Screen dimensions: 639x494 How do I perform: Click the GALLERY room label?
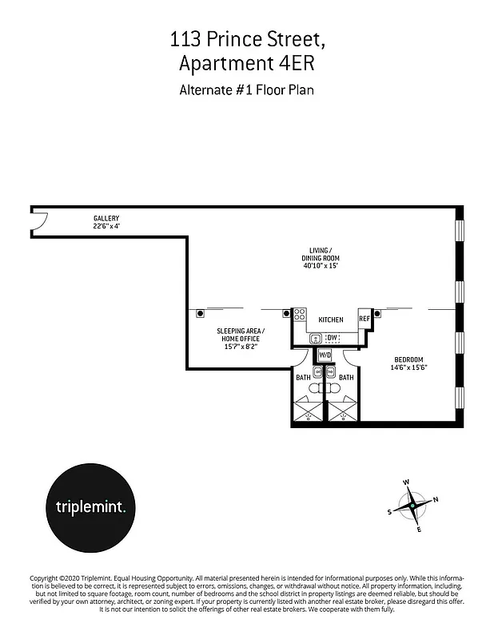(106, 218)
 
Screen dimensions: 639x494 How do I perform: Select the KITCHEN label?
(331, 319)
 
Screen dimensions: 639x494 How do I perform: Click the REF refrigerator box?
(365, 318)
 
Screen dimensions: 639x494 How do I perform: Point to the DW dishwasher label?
(332, 339)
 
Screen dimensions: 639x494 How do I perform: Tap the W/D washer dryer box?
(325, 354)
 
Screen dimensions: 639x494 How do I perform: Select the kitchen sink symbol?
(316, 339)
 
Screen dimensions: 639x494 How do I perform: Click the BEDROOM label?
(408, 359)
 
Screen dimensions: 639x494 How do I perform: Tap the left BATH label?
(303, 377)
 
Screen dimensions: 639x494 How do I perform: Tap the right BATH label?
(346, 377)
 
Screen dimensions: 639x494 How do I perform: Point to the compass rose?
(412, 506)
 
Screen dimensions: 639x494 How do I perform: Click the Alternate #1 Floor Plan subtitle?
(247, 89)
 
